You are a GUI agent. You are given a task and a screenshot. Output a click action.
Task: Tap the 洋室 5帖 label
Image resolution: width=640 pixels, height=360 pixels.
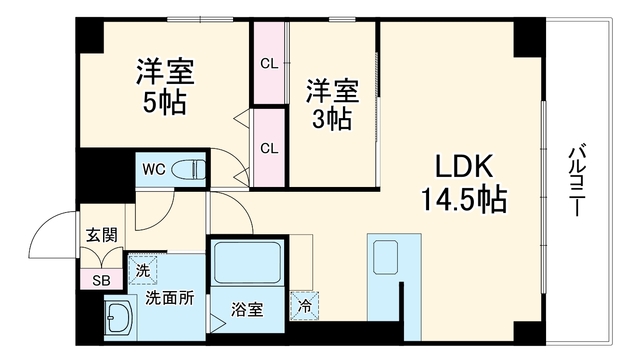point(165,87)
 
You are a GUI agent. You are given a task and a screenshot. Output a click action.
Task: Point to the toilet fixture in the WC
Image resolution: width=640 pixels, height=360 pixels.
point(189,169)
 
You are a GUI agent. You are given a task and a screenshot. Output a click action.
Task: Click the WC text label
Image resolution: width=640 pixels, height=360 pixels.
point(153,169)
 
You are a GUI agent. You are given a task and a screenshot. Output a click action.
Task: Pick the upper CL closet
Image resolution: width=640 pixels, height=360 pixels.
point(269,63)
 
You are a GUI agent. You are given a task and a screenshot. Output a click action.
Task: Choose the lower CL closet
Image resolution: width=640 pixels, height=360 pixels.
point(269,148)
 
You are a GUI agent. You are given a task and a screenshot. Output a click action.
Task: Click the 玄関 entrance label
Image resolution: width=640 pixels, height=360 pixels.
point(102,236)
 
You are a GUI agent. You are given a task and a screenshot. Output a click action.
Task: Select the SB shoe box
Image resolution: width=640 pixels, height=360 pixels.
point(101,280)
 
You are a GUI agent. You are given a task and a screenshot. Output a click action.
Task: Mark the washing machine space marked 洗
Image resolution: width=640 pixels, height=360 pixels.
point(142,270)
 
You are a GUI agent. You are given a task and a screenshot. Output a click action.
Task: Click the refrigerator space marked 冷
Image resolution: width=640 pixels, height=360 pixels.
point(304,306)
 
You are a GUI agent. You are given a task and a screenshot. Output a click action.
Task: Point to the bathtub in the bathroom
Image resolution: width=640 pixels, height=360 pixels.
point(247,262)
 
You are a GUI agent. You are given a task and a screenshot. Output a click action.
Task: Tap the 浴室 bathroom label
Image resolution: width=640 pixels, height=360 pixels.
point(247,309)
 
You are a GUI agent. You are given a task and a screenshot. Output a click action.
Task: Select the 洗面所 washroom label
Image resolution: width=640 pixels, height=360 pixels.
point(170,299)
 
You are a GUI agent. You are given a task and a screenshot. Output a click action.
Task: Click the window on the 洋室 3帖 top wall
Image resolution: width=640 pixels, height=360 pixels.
point(342,19)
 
